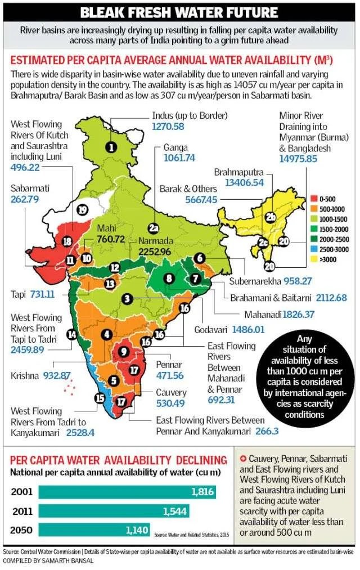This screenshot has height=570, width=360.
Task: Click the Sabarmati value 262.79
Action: click(x=25, y=199)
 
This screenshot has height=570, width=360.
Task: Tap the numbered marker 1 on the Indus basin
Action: click(x=111, y=147)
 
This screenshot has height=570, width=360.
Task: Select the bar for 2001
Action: click(x=127, y=492)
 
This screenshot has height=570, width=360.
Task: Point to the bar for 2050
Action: click(x=94, y=529)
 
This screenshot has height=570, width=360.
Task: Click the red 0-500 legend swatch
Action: click(x=314, y=199)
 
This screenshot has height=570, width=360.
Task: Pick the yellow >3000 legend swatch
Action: click(x=314, y=259)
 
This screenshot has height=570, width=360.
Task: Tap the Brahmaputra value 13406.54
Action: click(x=244, y=182)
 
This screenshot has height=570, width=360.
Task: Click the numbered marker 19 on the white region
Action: click(x=83, y=210)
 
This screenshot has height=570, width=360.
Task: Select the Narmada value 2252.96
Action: click(x=155, y=252)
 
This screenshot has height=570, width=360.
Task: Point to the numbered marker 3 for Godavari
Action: click(x=127, y=299)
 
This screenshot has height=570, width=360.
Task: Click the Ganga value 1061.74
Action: click(x=179, y=158)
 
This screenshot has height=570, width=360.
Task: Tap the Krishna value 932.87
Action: click(x=57, y=375)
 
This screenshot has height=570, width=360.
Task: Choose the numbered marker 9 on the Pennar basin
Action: click(x=124, y=352)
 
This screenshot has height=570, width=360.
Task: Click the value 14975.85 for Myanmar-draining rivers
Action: click(x=298, y=159)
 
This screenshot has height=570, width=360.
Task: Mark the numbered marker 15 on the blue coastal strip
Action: click(x=100, y=398)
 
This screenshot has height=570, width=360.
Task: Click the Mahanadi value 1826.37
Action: click(x=298, y=315)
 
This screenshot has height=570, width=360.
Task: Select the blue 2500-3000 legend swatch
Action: click(x=314, y=249)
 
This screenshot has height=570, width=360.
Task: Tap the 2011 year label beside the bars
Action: click(x=22, y=511)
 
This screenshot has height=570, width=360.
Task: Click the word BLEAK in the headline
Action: click(x=102, y=13)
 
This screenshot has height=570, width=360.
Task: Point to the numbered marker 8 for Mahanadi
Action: click(x=169, y=279)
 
